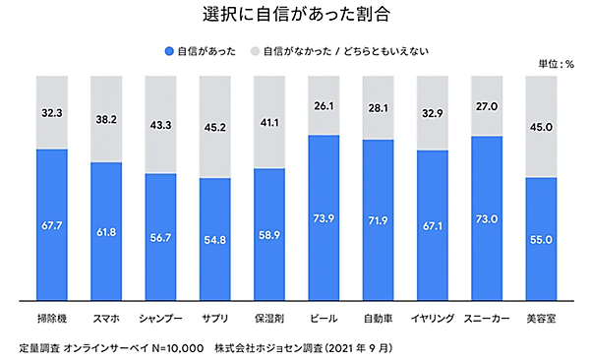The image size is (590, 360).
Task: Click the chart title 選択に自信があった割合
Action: pyautogui.click(x=294, y=16)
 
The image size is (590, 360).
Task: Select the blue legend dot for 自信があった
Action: pyautogui.click(x=170, y=49)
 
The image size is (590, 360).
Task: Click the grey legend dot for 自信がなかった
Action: pyautogui.click(x=256, y=49)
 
